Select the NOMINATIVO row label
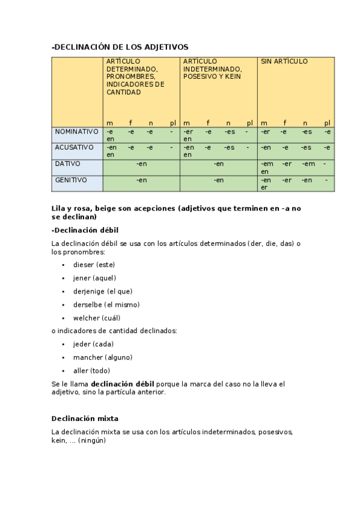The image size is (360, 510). pyautogui.click(x=76, y=131)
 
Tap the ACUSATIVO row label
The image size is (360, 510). pyautogui.click(x=75, y=147)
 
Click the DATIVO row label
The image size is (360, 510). pyautogui.click(x=67, y=164)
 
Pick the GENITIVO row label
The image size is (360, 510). pyautogui.click(x=71, y=180)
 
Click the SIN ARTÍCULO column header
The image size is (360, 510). pyautogui.click(x=284, y=61)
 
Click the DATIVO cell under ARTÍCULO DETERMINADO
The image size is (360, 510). pyautogui.click(x=141, y=164)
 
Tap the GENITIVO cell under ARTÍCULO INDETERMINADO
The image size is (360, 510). pyautogui.click(x=219, y=180)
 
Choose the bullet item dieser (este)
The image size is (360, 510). pyautogui.click(x=94, y=265)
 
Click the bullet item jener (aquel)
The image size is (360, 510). pyautogui.click(x=94, y=278)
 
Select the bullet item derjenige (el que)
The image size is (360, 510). pyautogui.click(x=103, y=291)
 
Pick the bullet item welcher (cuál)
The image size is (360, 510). pyautogui.click(x=97, y=318)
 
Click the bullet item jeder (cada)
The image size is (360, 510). pyautogui.click(x=93, y=344)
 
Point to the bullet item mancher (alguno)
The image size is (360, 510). pyautogui.click(x=103, y=357)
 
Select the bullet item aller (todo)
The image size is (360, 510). pyautogui.click(x=91, y=370)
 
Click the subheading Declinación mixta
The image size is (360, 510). pyautogui.click(x=85, y=418)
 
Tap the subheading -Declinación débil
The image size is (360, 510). pyautogui.click(x=85, y=230)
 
